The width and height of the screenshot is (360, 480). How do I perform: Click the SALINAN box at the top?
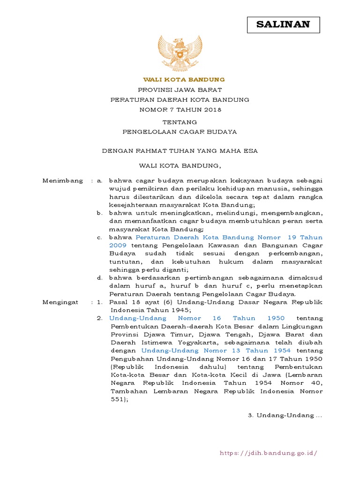click(283, 25)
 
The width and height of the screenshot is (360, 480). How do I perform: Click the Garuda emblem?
click(180, 52)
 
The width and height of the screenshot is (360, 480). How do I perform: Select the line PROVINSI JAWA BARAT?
click(180, 90)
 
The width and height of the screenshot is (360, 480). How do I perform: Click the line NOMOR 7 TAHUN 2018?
click(180, 110)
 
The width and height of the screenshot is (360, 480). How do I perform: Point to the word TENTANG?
click(180, 122)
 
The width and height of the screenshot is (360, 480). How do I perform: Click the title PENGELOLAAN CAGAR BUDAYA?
click(180, 132)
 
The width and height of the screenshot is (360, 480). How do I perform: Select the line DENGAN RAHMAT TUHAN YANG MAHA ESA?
click(180, 151)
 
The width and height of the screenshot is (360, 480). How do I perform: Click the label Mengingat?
click(60, 302)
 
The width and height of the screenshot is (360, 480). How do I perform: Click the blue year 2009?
click(119, 245)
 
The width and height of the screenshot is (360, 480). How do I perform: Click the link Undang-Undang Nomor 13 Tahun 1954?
click(216, 351)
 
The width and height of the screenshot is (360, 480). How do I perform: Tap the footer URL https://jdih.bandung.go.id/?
click(269, 453)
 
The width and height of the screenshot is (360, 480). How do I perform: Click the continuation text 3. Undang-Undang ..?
click(285, 416)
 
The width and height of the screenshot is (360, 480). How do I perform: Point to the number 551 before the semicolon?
click(117, 399)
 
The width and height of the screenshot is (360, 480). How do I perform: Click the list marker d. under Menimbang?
click(100, 278)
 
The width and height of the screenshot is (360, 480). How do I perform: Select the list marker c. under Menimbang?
click(100, 237)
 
